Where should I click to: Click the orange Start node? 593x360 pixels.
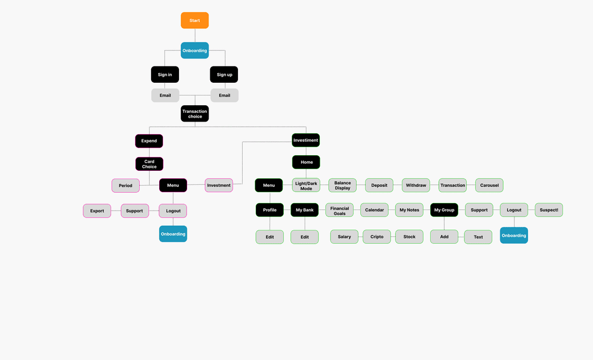click(x=195, y=20)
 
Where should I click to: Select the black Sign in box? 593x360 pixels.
click(x=165, y=75)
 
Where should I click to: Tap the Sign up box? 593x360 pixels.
click(x=224, y=75)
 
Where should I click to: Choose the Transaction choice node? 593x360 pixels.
click(x=195, y=113)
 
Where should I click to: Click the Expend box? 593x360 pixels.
click(x=149, y=141)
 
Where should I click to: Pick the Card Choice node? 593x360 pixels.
click(x=149, y=164)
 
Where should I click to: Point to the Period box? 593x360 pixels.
click(x=126, y=185)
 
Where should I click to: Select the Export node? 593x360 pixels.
click(x=97, y=211)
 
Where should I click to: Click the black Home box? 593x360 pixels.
click(x=306, y=162)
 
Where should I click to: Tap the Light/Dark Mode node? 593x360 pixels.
click(x=306, y=185)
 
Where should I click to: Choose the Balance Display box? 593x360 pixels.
click(x=342, y=185)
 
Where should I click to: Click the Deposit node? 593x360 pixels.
click(x=379, y=185)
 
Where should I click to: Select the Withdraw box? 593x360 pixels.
click(x=416, y=185)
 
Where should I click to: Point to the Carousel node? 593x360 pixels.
click(x=489, y=185)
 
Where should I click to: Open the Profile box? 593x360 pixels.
click(x=270, y=210)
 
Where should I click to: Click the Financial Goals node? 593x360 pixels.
click(x=339, y=211)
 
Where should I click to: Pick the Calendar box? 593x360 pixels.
click(x=375, y=210)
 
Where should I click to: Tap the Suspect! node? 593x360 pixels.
click(x=549, y=210)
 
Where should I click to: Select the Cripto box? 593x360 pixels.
click(x=377, y=237)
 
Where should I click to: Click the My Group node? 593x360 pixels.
click(x=444, y=210)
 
